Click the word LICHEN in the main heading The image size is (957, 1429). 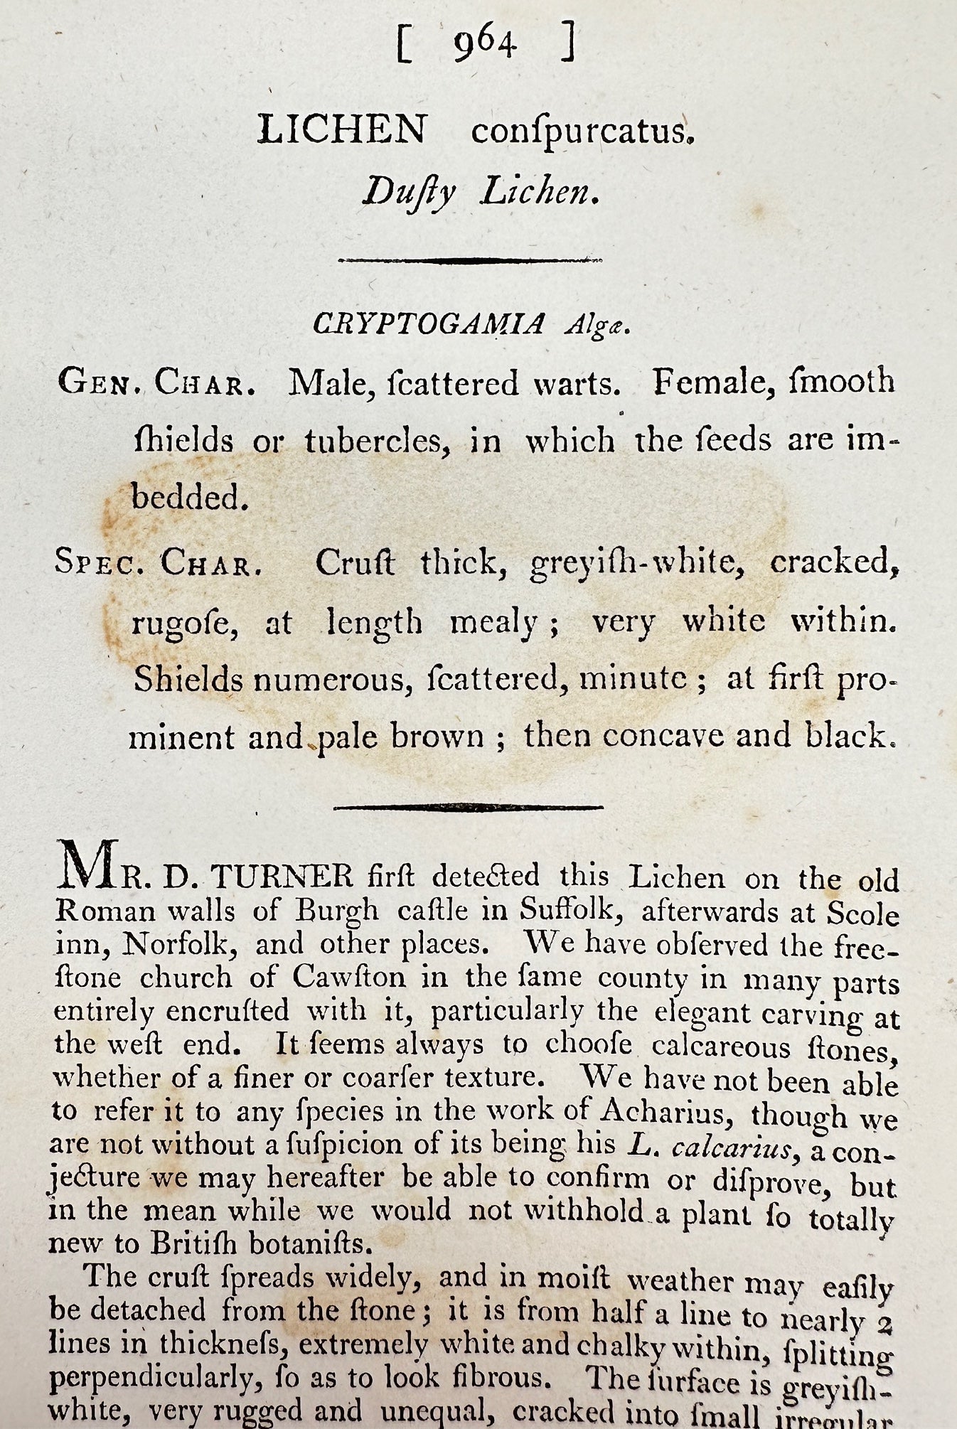pos(342,130)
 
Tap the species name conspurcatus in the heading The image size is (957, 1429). pos(582,132)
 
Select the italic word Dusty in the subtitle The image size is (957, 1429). pos(409,192)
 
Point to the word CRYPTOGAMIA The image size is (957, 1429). pos(429,324)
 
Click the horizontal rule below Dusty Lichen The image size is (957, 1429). pos(470,261)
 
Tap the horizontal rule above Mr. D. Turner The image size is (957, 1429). pos(469,807)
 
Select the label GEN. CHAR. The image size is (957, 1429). pos(157,384)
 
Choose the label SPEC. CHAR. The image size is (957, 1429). pos(154,564)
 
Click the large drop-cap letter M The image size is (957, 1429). pos(88,864)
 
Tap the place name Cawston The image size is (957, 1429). pos(348,977)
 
